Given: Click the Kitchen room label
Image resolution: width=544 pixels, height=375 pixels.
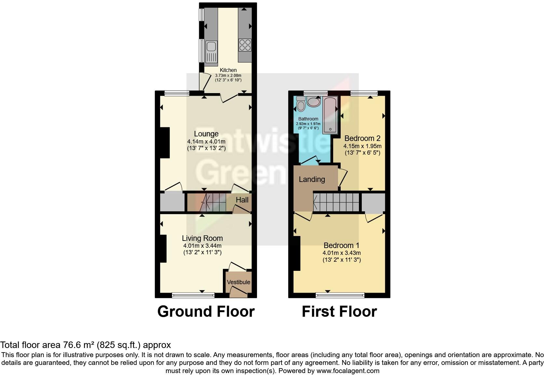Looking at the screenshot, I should coord(228,70).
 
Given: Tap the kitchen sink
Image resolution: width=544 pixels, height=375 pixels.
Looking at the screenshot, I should coord(211,52).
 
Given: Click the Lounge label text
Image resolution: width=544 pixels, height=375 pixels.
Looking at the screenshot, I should coord(206,134).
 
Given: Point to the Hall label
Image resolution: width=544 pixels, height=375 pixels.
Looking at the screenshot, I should coord(242,200).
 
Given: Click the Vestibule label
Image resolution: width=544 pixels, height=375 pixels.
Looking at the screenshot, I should coord(238,282).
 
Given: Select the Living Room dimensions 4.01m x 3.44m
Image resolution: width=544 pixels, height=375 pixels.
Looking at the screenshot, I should coord(202,246).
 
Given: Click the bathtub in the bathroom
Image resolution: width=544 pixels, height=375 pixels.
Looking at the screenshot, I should coord(330,114).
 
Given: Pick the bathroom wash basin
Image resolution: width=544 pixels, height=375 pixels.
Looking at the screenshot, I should coord(314,102).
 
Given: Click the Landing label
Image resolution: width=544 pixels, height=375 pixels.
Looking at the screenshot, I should coord(312,179).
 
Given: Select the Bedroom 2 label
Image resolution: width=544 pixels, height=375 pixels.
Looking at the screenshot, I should coord(362,138).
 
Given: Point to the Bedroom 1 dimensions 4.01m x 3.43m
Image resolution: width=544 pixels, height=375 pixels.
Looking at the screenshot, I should coord(342,253).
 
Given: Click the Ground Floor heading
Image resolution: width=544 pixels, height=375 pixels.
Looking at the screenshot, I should coord(206,312).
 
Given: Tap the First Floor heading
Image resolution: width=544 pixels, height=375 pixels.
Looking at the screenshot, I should coord(339,312).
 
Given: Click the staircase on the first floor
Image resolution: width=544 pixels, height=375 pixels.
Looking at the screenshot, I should coord(336,202).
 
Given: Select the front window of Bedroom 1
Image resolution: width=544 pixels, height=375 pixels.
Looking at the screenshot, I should coord(340,295).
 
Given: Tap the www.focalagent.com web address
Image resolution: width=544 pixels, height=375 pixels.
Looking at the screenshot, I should coord(348,371).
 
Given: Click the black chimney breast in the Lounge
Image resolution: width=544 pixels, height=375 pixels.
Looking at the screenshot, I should coord(165,143).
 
